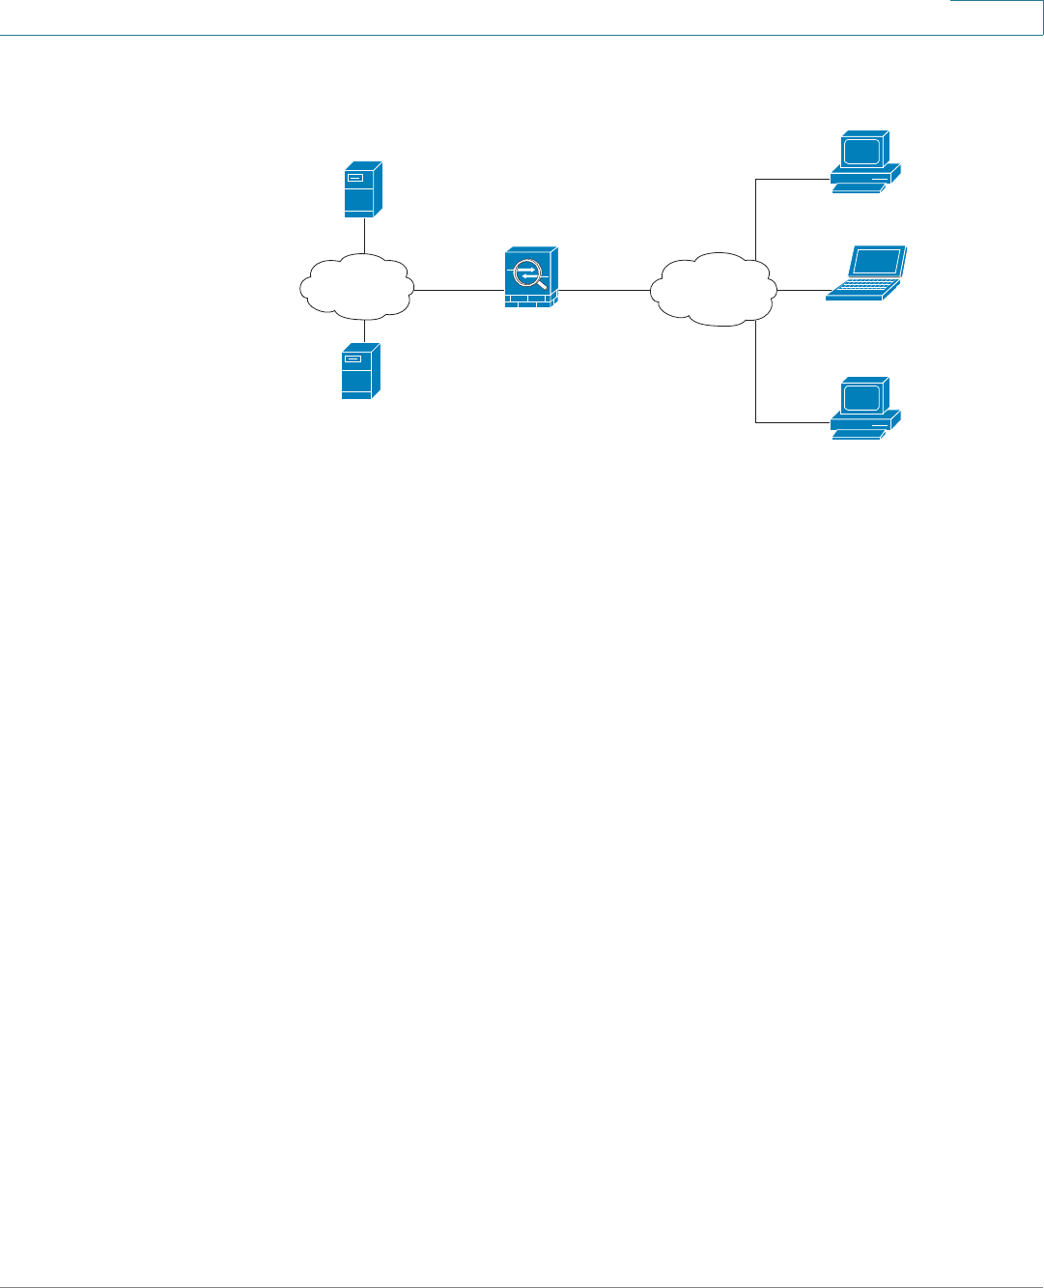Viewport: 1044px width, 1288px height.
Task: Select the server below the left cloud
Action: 360,372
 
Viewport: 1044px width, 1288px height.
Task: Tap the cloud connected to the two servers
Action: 357,287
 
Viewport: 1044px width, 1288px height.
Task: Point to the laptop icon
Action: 866,274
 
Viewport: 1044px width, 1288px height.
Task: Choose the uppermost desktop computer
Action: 865,162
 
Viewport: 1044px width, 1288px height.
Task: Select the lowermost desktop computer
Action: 865,408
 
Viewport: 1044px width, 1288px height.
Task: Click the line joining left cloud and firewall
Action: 459,290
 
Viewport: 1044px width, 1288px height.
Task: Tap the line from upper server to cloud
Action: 364,235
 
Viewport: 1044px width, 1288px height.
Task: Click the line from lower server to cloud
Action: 364,331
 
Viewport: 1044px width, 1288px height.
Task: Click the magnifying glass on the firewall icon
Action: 527,272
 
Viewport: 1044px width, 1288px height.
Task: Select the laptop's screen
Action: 876,262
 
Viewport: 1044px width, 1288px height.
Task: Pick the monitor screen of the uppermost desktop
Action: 861,151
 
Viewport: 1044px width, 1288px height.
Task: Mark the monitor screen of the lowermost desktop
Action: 861,396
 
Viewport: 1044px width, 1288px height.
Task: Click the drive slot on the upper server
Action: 354,179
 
